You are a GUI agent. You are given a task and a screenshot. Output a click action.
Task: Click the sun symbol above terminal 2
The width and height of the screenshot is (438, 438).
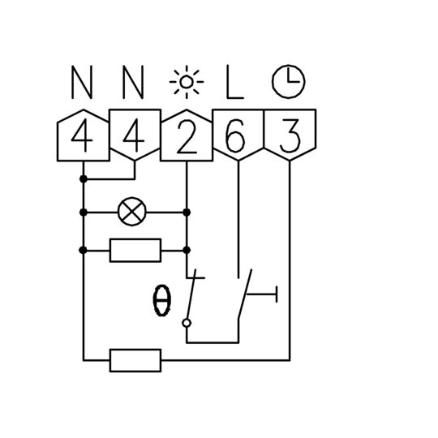coord(187,82)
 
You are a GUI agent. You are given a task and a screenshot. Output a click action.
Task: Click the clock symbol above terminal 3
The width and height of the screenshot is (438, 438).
coord(289,81)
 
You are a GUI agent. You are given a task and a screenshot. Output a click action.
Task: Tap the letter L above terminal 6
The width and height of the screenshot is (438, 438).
coord(235,82)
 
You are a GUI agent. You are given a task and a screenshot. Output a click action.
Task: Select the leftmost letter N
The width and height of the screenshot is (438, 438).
coord(82,82)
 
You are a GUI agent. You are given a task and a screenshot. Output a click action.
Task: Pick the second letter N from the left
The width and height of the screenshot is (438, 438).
coord(133,82)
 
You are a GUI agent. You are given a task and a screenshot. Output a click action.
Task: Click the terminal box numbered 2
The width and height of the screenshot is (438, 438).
coord(187,135)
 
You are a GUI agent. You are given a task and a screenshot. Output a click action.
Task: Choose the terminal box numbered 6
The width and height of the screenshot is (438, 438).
coord(238,135)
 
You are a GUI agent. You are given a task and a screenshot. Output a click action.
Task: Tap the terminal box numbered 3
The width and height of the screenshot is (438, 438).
coord(290,135)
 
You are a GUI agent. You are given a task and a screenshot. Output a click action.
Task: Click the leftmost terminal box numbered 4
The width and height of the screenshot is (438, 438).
coord(84,135)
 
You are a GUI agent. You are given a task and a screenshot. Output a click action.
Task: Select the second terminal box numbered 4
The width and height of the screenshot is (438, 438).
coord(135,135)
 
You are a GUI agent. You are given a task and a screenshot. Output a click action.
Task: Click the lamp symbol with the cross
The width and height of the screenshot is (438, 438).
coord(132,212)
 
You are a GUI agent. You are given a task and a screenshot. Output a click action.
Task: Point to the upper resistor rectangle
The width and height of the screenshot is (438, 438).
coord(135,251)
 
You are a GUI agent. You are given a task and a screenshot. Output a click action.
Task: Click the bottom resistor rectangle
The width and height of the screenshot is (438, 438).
coord(135,360)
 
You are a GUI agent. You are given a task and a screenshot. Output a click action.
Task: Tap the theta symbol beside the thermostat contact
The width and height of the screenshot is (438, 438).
coord(161,301)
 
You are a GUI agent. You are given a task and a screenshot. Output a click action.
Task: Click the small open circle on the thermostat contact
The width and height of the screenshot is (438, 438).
coord(187,323)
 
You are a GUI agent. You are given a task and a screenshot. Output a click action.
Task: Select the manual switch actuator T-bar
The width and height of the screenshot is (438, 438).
coord(262,294)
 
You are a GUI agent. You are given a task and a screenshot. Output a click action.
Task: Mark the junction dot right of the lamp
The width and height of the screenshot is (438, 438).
coord(187,213)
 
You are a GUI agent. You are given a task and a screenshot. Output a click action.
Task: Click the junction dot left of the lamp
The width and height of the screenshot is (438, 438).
coord(84,213)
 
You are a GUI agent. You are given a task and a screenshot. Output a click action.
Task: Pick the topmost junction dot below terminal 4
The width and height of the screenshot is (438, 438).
coord(84,178)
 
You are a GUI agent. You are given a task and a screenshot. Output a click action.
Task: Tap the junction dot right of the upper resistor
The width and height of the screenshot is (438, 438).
coord(187,250)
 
